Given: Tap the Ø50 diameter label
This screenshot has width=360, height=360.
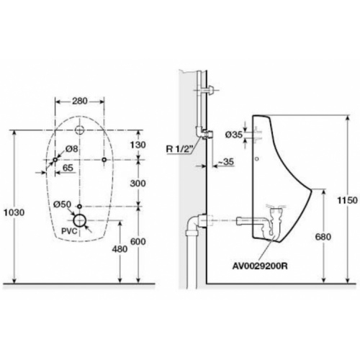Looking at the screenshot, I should [x=62, y=204].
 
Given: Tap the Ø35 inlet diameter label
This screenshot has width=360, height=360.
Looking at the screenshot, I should [x=235, y=133].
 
